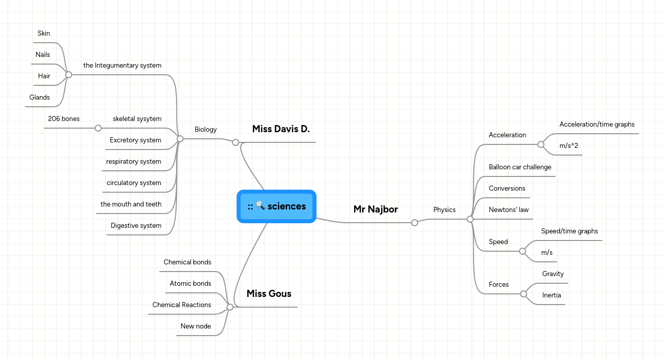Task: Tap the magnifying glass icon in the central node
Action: tap(260, 205)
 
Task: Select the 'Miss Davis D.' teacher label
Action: tap(281, 129)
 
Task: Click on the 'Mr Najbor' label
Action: tap(376, 209)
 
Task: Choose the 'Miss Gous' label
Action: tap(269, 294)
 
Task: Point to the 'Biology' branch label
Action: tap(206, 130)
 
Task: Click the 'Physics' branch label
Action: tap(444, 209)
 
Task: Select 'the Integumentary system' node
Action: tap(122, 66)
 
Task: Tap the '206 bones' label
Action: tap(64, 119)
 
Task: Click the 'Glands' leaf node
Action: tap(40, 98)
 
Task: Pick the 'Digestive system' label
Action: tap(136, 226)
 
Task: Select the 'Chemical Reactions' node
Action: tap(182, 305)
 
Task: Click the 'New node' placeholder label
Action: tap(195, 326)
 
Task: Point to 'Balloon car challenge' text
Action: tap(519, 167)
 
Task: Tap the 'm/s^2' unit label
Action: tap(569, 146)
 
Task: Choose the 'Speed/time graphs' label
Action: tap(569, 231)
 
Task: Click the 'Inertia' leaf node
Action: tap(552, 295)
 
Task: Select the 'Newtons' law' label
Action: tap(508, 210)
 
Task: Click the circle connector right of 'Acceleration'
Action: tap(541, 144)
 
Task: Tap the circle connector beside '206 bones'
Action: tap(98, 128)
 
